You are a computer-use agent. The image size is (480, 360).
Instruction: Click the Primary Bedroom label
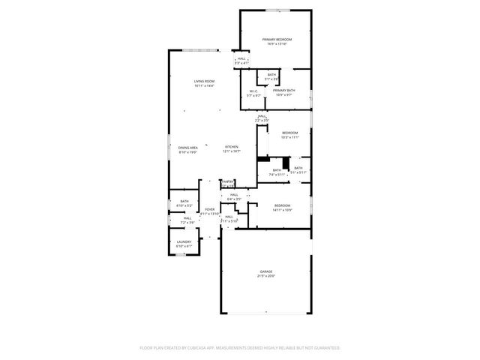276,39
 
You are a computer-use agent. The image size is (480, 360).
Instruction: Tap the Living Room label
204,81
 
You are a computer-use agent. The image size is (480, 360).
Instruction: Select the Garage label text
266,271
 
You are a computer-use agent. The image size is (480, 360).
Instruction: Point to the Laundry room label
184,241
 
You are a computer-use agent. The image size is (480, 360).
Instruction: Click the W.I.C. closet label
254,91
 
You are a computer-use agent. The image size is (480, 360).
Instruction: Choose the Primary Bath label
284,91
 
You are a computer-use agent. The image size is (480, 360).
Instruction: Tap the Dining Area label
187,148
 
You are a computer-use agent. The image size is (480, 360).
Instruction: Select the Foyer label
210,209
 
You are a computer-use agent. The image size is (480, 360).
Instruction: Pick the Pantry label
228,181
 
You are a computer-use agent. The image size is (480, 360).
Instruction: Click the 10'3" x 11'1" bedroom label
289,133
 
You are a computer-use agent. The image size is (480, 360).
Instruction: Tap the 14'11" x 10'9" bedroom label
282,205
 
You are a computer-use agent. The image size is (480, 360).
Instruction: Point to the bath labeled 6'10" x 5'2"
184,201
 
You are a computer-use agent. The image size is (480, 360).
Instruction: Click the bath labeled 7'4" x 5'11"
277,169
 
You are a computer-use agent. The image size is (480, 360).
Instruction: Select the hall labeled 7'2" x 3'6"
187,218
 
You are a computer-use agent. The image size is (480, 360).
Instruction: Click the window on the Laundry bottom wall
183,256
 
